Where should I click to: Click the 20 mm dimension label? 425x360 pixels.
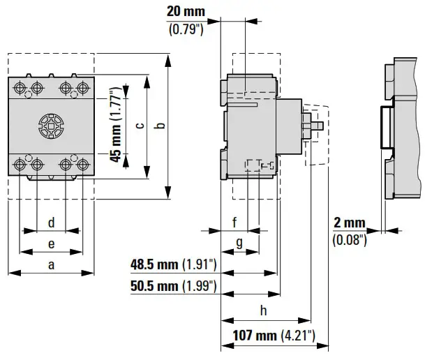coord(186,12)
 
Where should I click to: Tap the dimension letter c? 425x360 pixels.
coord(140,126)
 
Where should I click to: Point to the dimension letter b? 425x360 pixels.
coord(160,126)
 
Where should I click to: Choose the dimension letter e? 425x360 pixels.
coord(51,243)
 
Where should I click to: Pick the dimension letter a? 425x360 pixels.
coord(51,264)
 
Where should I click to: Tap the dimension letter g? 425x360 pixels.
coord(239,243)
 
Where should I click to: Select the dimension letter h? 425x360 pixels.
coord(263,310)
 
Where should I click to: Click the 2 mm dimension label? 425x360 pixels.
coord(349,223)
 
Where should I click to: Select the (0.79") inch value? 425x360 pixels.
coord(186,29)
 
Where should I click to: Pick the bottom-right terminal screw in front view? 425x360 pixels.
coord(82,165)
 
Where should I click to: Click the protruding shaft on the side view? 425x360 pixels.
coord(316,126)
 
